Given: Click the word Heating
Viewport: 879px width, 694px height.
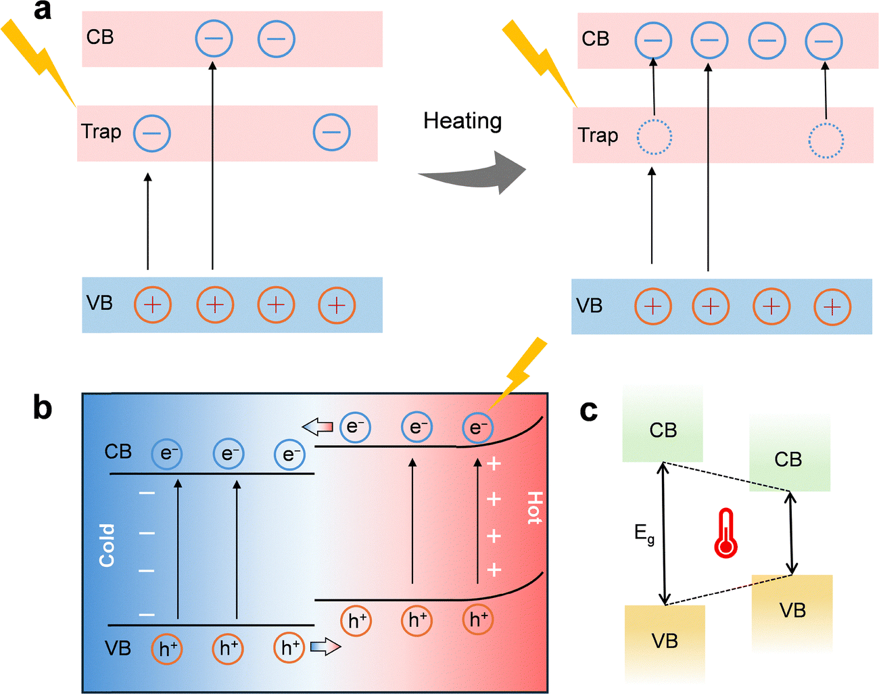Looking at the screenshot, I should (462, 121).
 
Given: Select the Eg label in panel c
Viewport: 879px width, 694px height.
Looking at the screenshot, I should (644, 534).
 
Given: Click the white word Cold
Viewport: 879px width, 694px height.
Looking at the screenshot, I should (107, 545).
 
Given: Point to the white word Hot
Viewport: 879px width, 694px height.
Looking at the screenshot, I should (534, 508).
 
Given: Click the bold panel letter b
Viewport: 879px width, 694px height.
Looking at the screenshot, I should (42, 408).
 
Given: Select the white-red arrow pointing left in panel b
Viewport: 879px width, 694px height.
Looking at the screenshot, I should (317, 427).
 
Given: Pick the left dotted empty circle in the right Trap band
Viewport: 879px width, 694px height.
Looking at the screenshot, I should (654, 138).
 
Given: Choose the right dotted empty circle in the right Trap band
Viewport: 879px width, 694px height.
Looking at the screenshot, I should (826, 140).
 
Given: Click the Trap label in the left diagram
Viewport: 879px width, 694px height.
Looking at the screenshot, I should (101, 131).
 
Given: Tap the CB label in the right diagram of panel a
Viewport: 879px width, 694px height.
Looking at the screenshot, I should (595, 39).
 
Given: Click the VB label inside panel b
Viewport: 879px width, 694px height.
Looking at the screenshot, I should (118, 649).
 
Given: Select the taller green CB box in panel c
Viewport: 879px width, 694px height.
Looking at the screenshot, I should (663, 426).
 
